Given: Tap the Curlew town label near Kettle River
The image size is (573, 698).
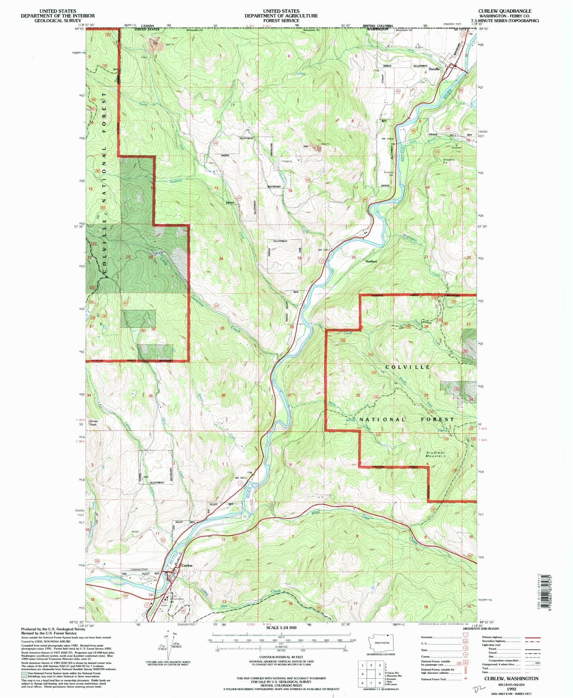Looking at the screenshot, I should click(x=187, y=565).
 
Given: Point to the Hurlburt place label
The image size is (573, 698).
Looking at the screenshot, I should click(x=371, y=261).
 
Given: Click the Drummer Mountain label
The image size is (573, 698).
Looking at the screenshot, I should click(x=436, y=454).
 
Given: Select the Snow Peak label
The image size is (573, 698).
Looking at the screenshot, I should click(x=93, y=423).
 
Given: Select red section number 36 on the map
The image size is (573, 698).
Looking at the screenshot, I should click(x=223, y=395).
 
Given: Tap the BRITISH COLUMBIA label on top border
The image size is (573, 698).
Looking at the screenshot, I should click(x=378, y=26).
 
